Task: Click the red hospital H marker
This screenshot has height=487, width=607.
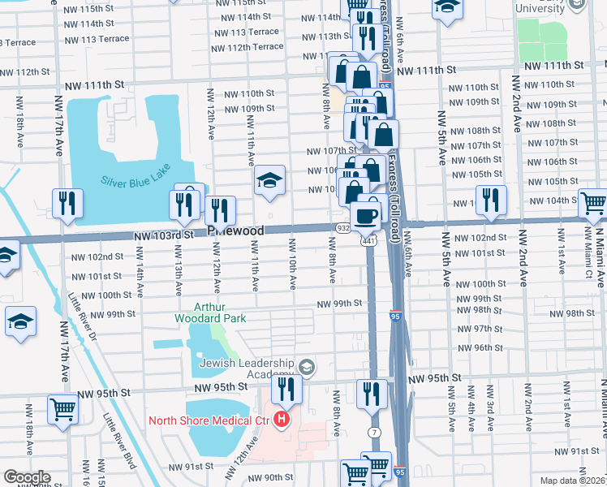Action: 281,420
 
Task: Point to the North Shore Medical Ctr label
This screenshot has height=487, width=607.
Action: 209,420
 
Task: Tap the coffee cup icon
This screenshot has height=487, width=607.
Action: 368,216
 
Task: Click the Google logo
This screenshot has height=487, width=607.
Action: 26,477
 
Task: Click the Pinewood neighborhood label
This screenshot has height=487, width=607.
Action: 235,231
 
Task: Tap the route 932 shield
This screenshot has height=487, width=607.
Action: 342,229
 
